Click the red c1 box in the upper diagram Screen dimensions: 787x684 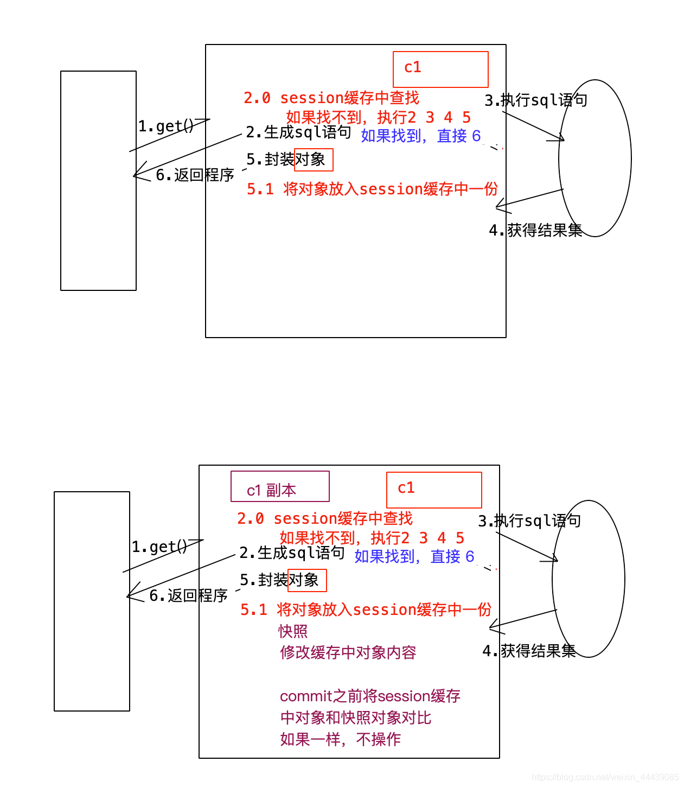coord(440,69)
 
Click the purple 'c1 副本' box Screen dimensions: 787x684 coord(280,486)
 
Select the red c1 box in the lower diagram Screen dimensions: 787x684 coord(434,490)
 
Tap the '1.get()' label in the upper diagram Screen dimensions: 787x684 coord(165,126)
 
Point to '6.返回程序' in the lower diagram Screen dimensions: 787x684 coord(188,595)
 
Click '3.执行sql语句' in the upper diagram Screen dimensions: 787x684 coord(535,100)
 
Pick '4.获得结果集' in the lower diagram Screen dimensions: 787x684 coord(529,651)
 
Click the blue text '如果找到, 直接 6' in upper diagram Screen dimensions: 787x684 coord(420,136)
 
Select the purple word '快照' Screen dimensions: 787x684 coord(293,631)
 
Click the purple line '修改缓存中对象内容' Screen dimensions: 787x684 coord(348,652)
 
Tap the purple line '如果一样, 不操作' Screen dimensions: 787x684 coord(340,739)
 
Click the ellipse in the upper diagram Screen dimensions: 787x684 coord(594,158)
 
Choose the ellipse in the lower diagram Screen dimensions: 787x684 coord(588,579)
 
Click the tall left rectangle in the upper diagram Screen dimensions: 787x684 coord(98,181)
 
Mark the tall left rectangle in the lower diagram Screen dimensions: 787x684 coord(92,601)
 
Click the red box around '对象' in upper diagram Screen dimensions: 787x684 coord(314,160)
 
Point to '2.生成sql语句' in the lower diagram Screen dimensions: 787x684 coord(292,553)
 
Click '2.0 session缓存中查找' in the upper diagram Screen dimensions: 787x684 coord(331,98)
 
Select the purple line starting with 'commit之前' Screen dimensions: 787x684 coord(370,696)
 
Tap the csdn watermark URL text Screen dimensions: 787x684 coord(605,777)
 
